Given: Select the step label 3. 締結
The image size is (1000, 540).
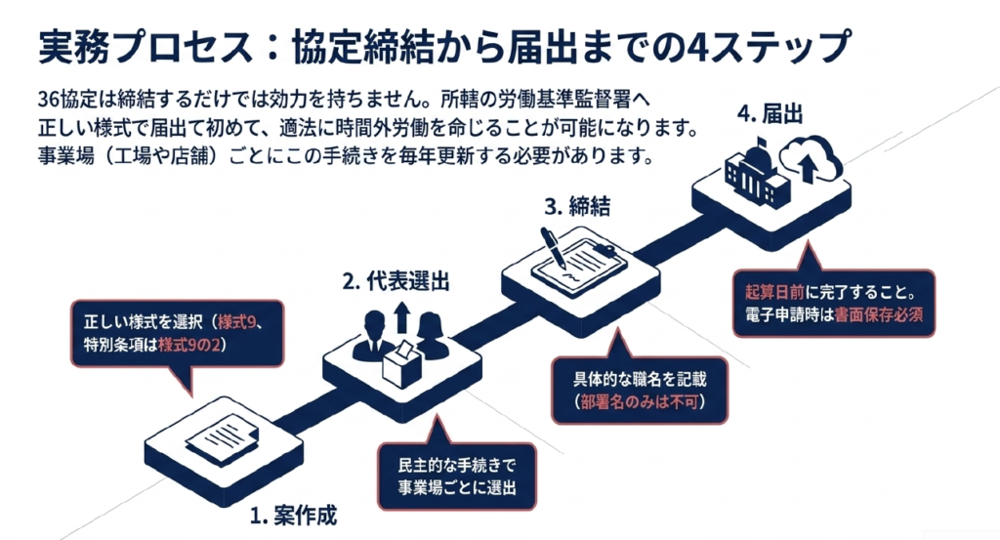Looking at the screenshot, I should pos(576,206).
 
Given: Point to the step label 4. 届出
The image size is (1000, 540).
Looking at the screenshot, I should pos(771,113).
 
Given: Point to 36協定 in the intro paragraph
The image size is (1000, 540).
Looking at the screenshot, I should pos(68,99).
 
